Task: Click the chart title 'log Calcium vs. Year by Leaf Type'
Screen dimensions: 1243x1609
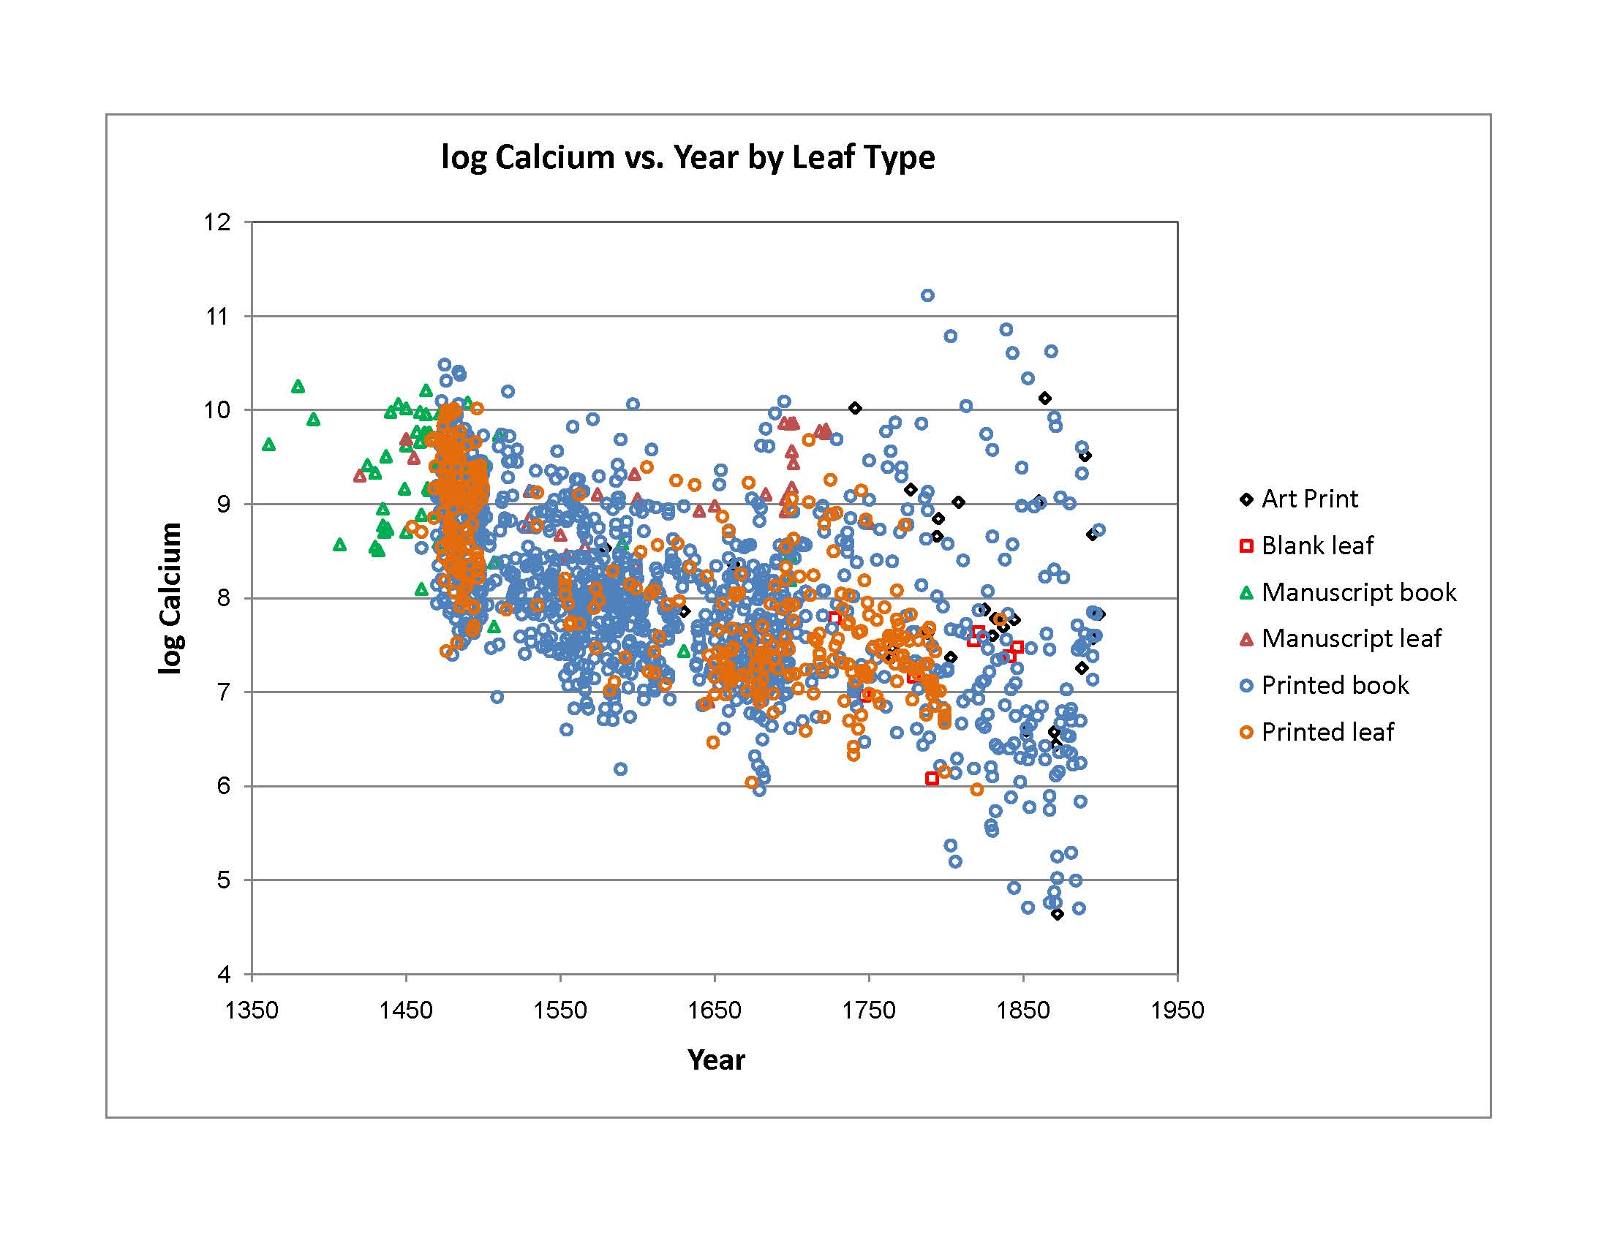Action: click(x=687, y=158)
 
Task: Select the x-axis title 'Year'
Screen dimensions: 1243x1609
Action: click(x=715, y=1059)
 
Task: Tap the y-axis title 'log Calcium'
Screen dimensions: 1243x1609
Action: click(x=170, y=598)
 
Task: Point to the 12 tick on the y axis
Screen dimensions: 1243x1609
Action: click(x=217, y=222)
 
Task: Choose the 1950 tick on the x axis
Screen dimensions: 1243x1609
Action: click(x=1177, y=1010)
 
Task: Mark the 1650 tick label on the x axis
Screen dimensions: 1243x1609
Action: click(x=714, y=1010)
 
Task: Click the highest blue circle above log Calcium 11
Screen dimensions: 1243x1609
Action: click(x=927, y=295)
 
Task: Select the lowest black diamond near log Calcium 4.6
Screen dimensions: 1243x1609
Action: click(x=1058, y=914)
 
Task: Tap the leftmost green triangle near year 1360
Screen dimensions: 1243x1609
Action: click(x=269, y=445)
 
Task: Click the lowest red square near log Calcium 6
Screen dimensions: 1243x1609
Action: click(x=932, y=779)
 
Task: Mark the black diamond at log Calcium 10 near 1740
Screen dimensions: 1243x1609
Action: click(x=854, y=408)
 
